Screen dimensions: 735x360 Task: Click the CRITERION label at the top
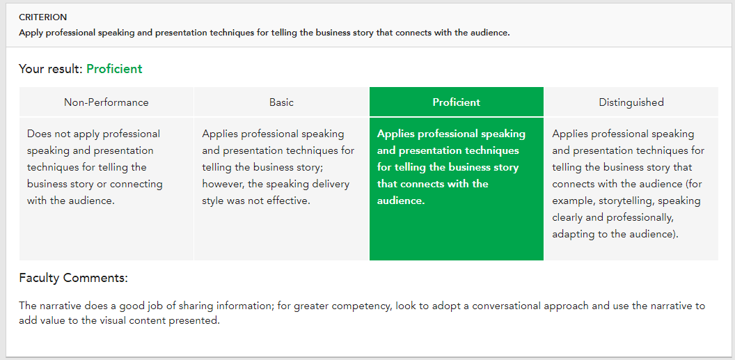43,17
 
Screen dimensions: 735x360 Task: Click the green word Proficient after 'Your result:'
114,69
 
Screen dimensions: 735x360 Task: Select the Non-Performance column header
106,102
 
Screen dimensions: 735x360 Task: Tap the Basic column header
281,102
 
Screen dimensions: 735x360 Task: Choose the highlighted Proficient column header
456,102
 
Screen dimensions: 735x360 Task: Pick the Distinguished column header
631,102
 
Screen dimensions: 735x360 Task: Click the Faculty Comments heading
74,278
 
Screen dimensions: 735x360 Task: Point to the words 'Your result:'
51,69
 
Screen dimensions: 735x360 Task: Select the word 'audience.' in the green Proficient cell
401,201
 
